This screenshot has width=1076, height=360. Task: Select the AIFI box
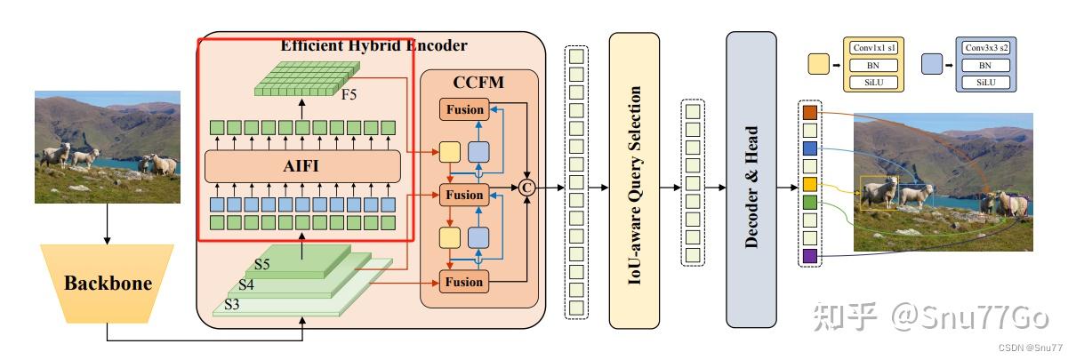coord(302,166)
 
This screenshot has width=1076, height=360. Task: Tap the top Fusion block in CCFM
coord(464,110)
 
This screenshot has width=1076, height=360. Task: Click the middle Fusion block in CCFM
coord(464,193)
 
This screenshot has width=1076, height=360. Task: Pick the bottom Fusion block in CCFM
coord(464,282)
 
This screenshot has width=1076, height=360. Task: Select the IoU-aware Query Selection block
coord(633,180)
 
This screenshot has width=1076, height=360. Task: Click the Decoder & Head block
coord(751,180)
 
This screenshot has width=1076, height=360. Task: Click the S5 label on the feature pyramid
coord(262,264)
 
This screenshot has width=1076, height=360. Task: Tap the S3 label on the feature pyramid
coord(232,304)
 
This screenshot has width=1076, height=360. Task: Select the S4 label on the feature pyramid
coord(246,284)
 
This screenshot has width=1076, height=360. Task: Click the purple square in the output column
coord(809,257)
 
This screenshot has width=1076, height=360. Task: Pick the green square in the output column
coord(809,203)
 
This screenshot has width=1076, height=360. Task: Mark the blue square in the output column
coord(809,148)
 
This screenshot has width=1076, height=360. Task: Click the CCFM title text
coord(478,83)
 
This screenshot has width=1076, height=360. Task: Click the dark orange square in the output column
coord(809,113)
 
